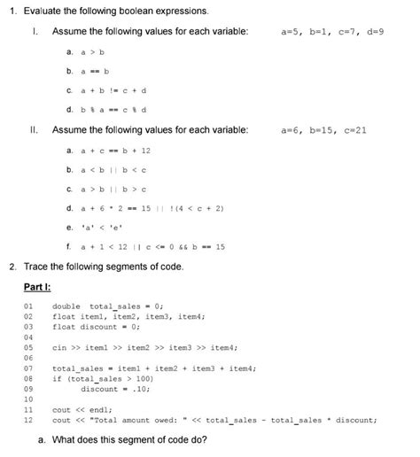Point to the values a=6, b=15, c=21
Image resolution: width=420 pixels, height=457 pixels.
pos(323,129)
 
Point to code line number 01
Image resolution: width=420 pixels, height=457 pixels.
pos(28,306)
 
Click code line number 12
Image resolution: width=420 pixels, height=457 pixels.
pos(28,420)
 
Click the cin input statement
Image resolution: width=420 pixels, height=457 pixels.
pos(144,347)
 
